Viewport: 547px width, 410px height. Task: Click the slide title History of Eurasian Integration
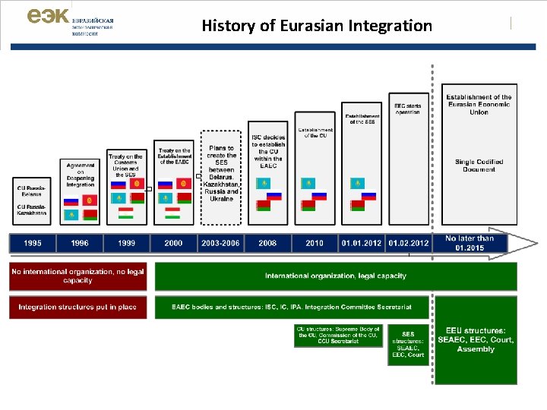coord(317,26)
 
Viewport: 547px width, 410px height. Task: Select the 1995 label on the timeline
coord(33,243)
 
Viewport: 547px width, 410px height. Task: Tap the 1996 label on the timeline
coord(80,243)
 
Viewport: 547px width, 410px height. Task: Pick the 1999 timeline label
coord(126,243)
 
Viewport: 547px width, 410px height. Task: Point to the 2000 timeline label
coord(173,243)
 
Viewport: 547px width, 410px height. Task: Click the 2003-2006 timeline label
coord(220,243)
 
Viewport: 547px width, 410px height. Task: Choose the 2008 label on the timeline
coord(267,243)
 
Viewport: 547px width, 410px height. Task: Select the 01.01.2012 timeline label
coord(362,243)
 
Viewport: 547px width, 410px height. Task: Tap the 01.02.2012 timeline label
coord(408,243)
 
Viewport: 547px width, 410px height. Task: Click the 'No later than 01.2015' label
coord(470,243)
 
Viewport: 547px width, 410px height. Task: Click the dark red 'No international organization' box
coord(77,276)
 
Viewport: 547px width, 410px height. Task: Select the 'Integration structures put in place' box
coord(77,307)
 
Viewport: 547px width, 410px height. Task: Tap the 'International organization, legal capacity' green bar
coord(335,276)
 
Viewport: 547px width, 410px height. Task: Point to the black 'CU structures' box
coord(339,336)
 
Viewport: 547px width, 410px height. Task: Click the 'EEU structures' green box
coord(476,340)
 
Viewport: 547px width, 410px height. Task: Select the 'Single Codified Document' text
coord(479,166)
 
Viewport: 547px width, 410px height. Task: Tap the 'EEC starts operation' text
coord(408,109)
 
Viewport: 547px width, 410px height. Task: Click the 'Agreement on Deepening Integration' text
coord(80,175)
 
